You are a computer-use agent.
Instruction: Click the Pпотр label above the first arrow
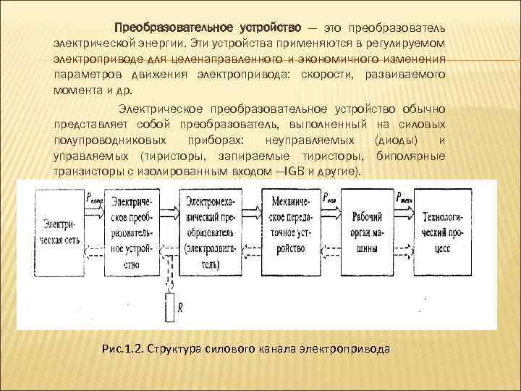[x=95, y=195]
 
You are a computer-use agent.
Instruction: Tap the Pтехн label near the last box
[x=404, y=195]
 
